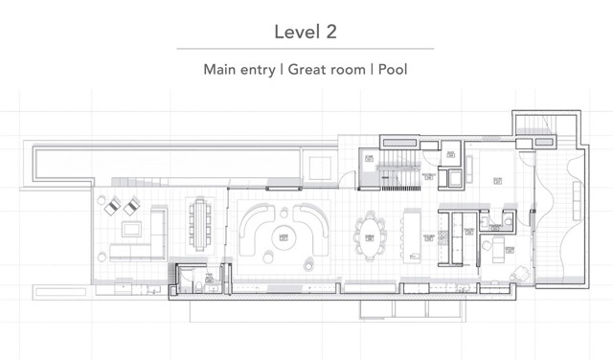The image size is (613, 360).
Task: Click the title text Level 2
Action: point(306,31)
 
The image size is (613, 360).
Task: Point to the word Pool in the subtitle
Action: point(393,70)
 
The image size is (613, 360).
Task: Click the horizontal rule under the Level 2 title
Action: point(306,49)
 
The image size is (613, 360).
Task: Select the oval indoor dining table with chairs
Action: point(370,234)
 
